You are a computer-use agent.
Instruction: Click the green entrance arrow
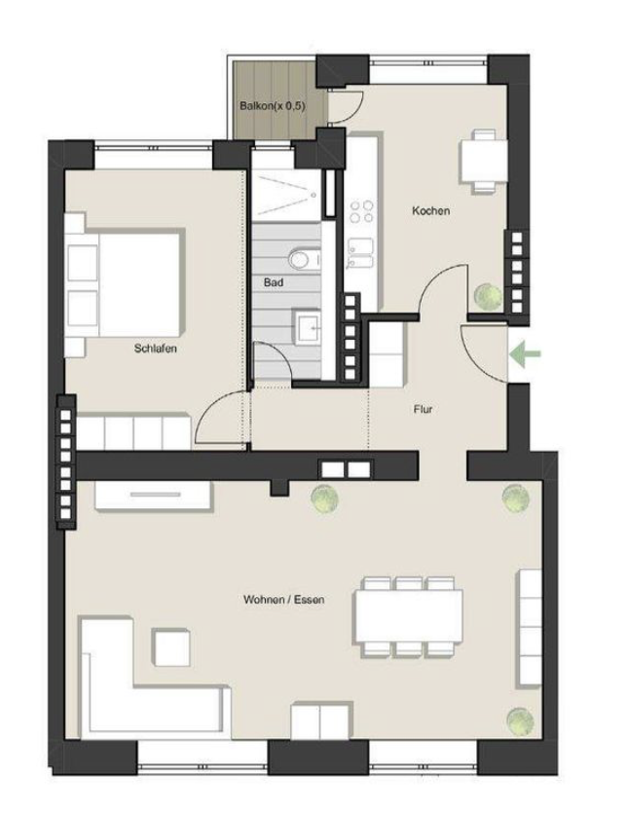click(x=525, y=354)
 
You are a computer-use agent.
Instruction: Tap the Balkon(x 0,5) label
click(x=273, y=106)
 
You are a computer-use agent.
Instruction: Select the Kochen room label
click(x=430, y=210)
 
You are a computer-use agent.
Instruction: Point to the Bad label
click(x=274, y=282)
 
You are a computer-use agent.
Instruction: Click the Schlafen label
click(x=156, y=349)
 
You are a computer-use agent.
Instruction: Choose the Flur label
click(x=423, y=409)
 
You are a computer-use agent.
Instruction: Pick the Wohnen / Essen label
click(x=284, y=600)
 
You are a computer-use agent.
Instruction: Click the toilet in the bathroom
click(x=303, y=258)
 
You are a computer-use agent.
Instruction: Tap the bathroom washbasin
click(x=309, y=327)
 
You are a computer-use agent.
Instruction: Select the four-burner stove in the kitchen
click(x=362, y=212)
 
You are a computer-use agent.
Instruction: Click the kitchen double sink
click(x=360, y=253)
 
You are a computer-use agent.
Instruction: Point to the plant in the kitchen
click(x=489, y=296)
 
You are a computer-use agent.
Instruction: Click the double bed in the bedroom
click(x=126, y=284)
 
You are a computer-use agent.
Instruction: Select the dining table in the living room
click(x=408, y=617)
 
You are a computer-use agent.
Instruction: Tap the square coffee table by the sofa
click(x=170, y=647)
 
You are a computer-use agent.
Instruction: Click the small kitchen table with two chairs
click(x=484, y=161)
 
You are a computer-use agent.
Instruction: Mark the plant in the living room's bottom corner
click(x=520, y=721)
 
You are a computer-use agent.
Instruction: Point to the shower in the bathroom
click(x=286, y=195)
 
